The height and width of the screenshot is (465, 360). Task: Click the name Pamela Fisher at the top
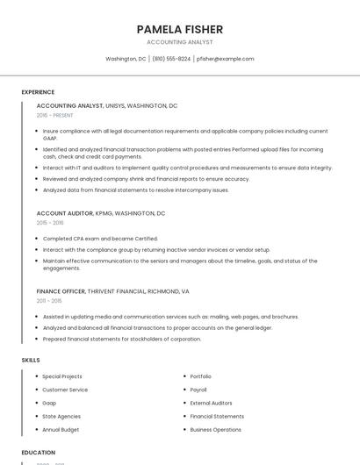coord(179,29)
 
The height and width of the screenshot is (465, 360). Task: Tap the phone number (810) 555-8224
coord(171,59)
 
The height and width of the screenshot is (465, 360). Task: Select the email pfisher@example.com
coord(226,59)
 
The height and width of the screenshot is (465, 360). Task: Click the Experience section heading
coord(38,92)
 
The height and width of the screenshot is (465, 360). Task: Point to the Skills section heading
coord(31,360)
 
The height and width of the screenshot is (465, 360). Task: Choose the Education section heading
coord(38,453)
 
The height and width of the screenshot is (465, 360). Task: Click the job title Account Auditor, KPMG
coord(100,213)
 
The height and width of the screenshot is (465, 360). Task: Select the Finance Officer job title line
coord(112,290)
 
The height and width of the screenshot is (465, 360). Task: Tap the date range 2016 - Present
coord(55,115)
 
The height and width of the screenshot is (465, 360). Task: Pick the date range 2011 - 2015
coord(49,300)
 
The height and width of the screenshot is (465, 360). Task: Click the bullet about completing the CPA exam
coord(100,239)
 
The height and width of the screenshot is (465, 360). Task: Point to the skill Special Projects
coord(62,376)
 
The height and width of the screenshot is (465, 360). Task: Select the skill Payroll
coord(198,390)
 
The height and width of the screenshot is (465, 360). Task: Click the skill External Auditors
coord(212,403)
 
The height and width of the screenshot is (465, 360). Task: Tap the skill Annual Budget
coord(61,430)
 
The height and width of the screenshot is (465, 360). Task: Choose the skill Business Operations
coord(215,430)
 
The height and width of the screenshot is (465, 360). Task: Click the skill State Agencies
coord(61,416)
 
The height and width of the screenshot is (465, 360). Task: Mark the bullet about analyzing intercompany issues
coord(135,190)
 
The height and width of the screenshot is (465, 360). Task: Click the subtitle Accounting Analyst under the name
coord(179,41)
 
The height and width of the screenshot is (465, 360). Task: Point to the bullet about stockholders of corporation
coord(122,339)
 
